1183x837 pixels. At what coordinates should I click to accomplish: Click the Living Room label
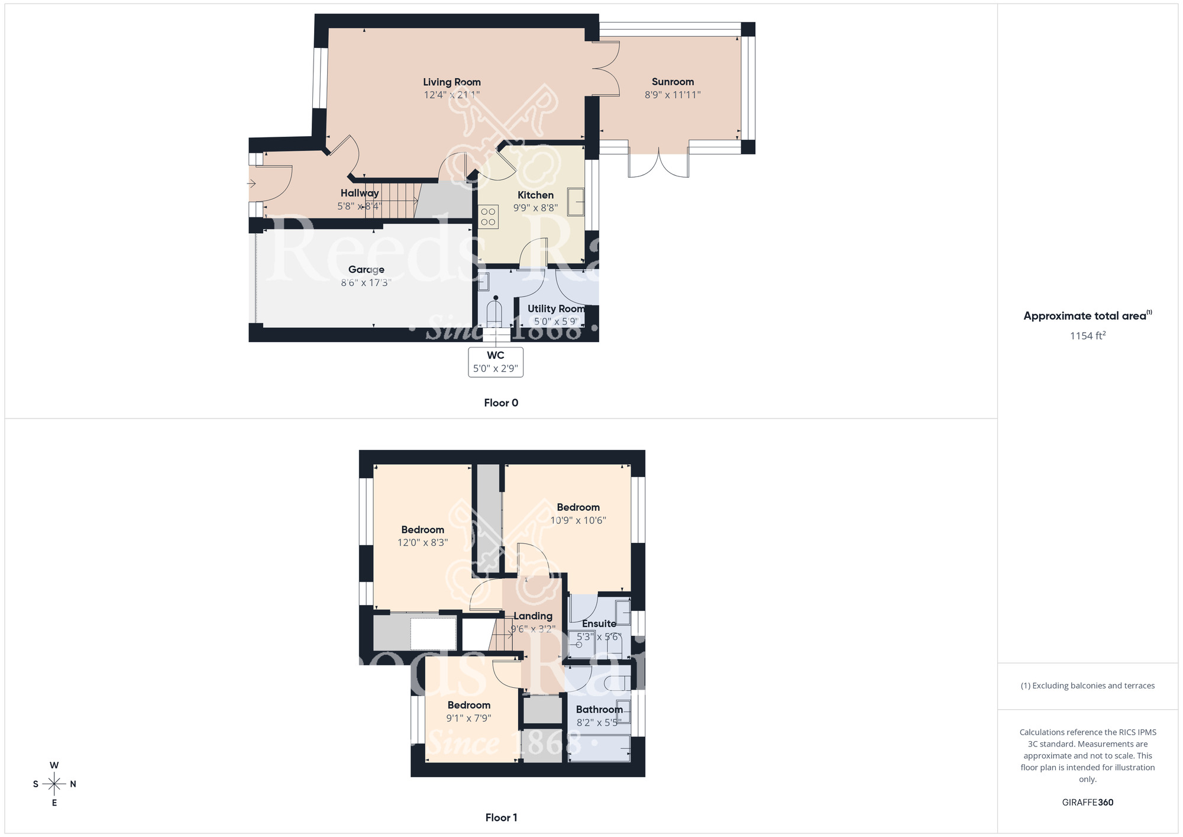[452, 82]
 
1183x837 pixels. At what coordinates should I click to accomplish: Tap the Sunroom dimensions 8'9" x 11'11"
[673, 95]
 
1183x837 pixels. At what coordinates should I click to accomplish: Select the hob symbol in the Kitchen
[489, 217]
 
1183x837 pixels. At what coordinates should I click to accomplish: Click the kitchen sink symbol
[576, 202]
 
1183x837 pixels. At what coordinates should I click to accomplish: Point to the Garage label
[366, 270]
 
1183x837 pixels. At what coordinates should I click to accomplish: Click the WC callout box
[496, 362]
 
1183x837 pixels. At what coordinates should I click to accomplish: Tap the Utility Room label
[556, 309]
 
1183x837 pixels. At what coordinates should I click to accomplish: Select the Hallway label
[360, 193]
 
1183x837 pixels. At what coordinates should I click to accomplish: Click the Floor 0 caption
[501, 403]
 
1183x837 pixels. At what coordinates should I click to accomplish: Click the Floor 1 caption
[501, 817]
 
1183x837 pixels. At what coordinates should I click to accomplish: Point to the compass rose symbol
[54, 784]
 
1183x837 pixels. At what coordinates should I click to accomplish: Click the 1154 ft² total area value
[1087, 336]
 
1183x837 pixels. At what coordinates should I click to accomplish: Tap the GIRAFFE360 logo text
[1087, 803]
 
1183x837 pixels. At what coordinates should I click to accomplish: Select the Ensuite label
[599, 624]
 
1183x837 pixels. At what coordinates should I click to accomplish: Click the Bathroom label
[599, 710]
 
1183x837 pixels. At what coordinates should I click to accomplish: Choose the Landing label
[533, 616]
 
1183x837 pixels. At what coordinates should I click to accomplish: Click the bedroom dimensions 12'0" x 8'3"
[422, 543]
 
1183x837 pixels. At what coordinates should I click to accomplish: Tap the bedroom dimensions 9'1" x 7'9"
[468, 719]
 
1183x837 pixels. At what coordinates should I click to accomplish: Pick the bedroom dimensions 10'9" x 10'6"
[578, 521]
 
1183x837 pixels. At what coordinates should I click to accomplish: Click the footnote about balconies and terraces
[1087, 686]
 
